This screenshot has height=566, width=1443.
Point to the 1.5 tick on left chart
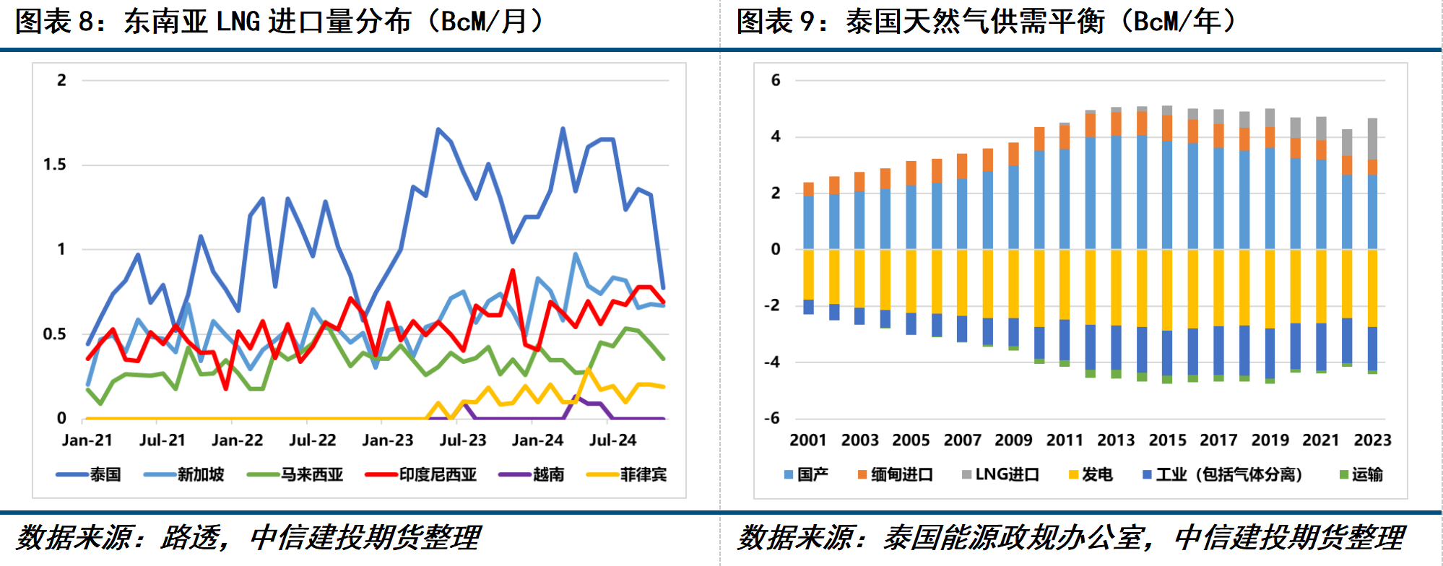pos(54,165)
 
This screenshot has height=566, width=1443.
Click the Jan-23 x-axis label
pos(387,440)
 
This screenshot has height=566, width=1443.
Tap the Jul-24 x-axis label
pos(612,440)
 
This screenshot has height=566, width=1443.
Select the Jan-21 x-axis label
pos(87,440)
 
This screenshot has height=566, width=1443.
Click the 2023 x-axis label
pos(1372,440)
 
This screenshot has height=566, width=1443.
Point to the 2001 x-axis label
pos(808,440)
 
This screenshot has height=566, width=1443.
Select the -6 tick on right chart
pos(772,418)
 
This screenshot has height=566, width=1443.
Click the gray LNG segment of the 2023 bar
pos(1372,139)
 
